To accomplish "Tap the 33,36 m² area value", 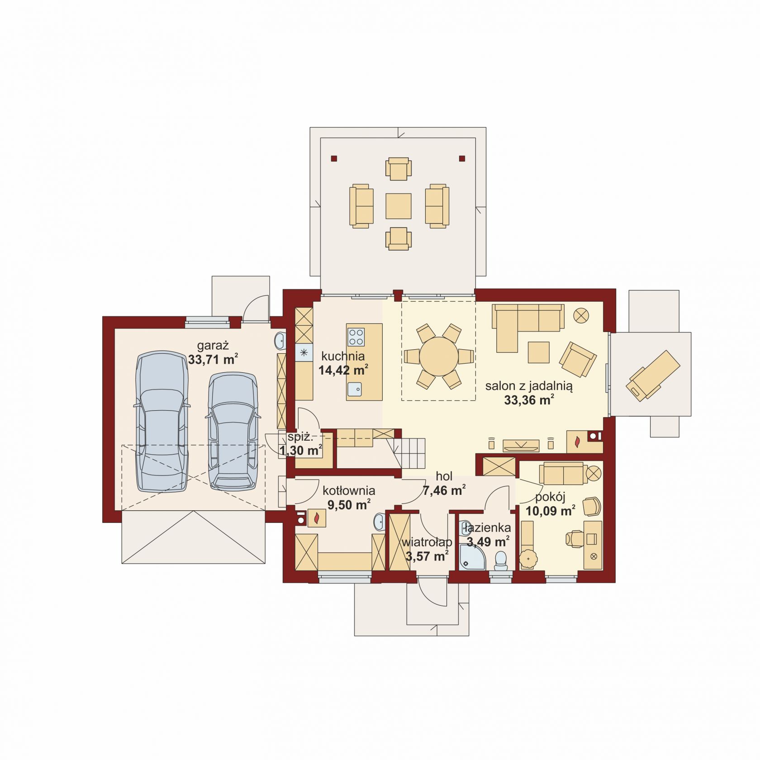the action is tap(529, 400).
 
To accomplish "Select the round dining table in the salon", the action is tap(438, 356).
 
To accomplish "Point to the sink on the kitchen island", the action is tap(355, 388).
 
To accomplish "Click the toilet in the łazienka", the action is tap(501, 560).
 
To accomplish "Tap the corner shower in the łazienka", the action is tap(472, 558).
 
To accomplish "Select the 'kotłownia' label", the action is tap(349, 490).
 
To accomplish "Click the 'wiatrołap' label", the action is tap(427, 542).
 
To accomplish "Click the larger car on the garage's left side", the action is tap(162, 422).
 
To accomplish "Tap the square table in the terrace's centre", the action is tap(399, 206).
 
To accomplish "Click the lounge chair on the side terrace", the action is tap(653, 375).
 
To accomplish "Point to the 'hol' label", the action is tap(444, 476).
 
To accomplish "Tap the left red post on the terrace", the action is tap(334, 158).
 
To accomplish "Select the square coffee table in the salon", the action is tap(538, 352).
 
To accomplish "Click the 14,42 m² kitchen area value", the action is tap(343, 370).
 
